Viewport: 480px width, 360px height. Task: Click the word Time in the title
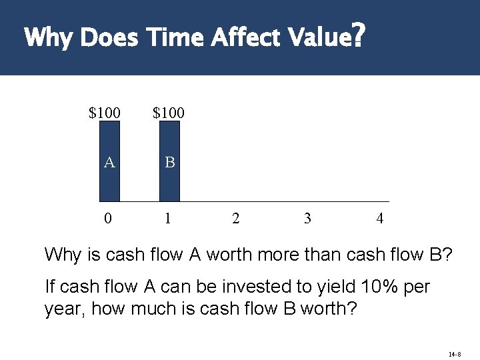coord(175,38)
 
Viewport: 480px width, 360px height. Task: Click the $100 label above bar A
coord(105,113)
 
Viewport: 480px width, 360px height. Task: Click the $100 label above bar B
coord(169,113)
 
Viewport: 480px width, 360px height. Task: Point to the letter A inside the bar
coord(109,162)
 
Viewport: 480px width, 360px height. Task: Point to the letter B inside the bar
coord(169,162)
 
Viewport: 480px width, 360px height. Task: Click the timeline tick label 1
coord(168,218)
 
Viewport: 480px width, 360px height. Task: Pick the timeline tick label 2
coord(235,218)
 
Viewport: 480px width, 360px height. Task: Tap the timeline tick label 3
coord(307,218)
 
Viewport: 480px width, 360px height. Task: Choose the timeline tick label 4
coord(379,218)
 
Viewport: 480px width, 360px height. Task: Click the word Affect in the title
coord(247,38)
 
